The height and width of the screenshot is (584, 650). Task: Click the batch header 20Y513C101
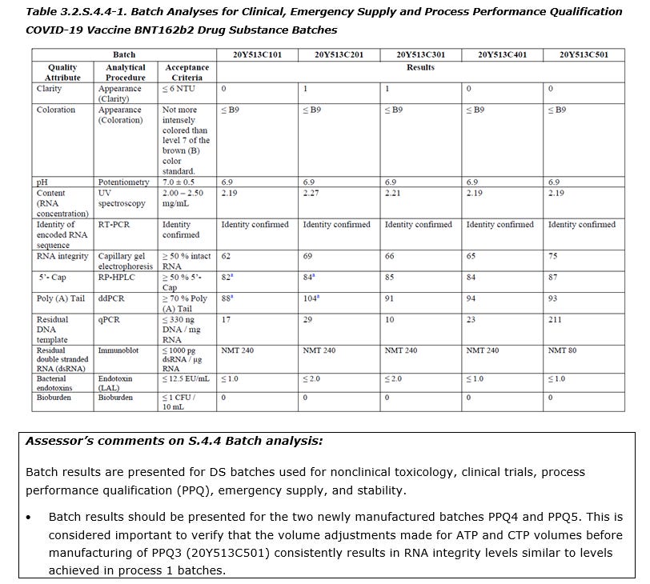pos(256,55)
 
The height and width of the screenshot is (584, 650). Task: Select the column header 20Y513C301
pos(420,55)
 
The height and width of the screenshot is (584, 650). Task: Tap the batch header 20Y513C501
pos(584,55)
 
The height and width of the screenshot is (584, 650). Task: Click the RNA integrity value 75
pos(553,257)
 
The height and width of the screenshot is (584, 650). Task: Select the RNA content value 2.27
pos(311,193)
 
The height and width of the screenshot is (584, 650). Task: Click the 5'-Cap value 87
pos(553,278)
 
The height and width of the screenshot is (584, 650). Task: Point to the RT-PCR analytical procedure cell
pos(114,225)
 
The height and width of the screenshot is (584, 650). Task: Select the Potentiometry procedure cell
pos(124,183)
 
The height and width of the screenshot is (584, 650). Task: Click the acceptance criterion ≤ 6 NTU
pos(178,89)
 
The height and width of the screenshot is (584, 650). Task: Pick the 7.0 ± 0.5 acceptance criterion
pos(179,183)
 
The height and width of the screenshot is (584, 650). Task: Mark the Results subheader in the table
pos(420,67)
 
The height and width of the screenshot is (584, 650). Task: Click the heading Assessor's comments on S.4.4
pos(175,441)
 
